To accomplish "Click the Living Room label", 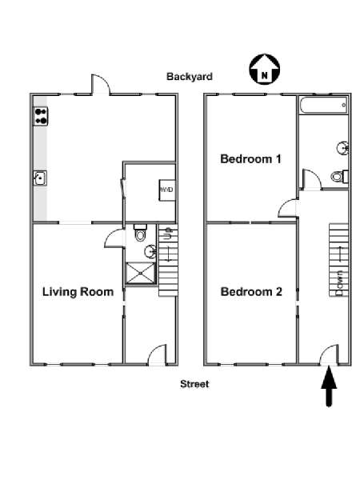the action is tap(78, 292).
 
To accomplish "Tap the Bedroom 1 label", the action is tap(250, 159).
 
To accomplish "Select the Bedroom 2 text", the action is tap(251, 292).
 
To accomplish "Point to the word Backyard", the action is tap(189, 77).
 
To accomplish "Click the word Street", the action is tap(194, 384).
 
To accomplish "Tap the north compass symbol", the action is tap(265, 69).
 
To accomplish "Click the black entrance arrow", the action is tap(329, 386).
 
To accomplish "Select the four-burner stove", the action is tap(41, 116).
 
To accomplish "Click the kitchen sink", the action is tap(40, 178).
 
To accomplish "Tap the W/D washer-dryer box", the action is tap(167, 190).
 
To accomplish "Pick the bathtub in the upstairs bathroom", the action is tap(323, 106).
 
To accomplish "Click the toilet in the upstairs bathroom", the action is tap(339, 176).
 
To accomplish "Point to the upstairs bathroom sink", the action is tap(343, 148).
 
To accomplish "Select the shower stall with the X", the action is tap(141, 273).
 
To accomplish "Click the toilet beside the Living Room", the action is tap(141, 233).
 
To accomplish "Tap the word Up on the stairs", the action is tap(168, 234).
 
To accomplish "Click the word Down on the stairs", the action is tap(339, 282).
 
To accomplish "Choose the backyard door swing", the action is tap(101, 84).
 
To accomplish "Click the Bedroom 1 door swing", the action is tap(288, 209).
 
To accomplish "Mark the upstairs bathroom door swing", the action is tap(311, 179).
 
